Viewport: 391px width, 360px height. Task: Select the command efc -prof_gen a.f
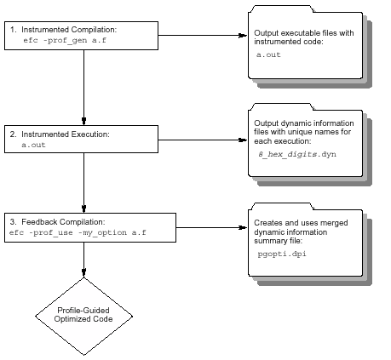[x=65, y=40]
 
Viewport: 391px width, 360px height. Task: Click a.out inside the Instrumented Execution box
[x=33, y=145]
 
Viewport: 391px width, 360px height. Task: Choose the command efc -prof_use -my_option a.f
[x=78, y=232]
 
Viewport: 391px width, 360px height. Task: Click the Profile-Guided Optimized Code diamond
[x=83, y=317]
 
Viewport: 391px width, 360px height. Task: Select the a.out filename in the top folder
[x=268, y=54]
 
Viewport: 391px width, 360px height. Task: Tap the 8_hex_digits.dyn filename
[x=297, y=154]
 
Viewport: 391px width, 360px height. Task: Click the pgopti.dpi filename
[x=282, y=254]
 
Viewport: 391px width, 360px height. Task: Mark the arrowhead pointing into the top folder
[x=243, y=36]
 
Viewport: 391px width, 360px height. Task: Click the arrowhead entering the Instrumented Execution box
[x=83, y=121]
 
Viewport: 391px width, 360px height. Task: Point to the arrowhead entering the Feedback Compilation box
[x=83, y=209]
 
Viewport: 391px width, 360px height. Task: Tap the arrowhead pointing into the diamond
[x=83, y=273]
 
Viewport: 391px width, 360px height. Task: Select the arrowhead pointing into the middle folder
[x=243, y=140]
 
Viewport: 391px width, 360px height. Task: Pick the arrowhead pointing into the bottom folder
[x=243, y=227]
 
